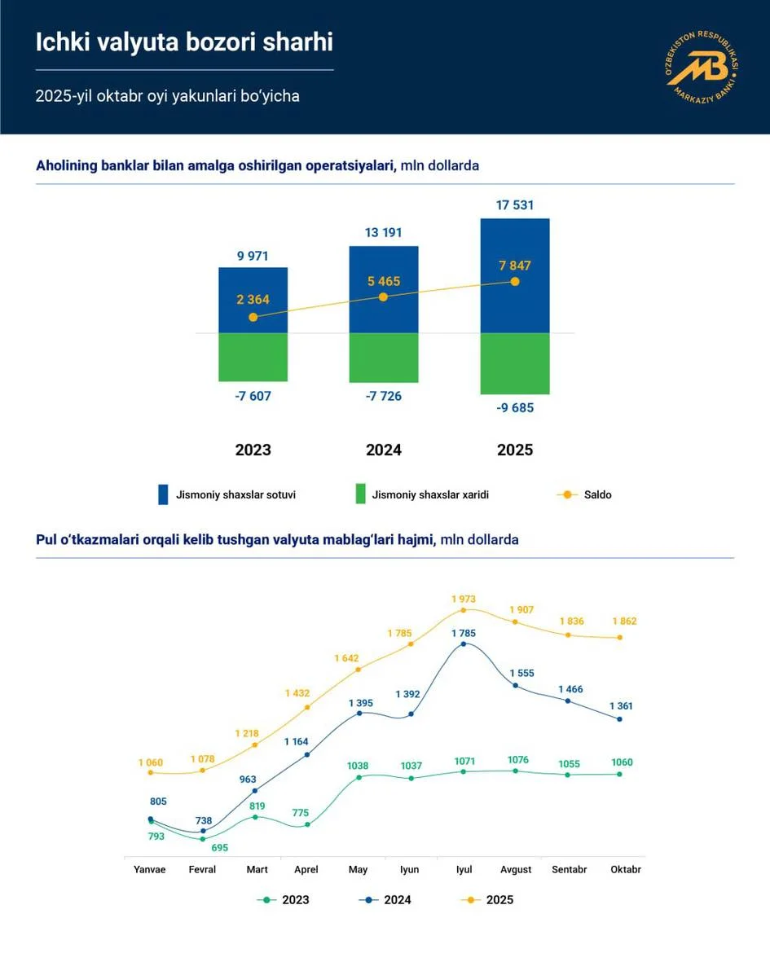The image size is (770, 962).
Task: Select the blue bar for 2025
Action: point(515,275)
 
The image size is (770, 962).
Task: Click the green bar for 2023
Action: point(253,357)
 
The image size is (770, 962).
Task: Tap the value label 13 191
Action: point(383,233)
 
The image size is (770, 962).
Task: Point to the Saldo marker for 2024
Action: point(383,297)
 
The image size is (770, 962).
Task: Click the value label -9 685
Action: point(514,407)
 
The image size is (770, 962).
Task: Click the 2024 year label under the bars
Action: point(383,450)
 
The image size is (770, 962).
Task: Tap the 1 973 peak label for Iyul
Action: point(463,600)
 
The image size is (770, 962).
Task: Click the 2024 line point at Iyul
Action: point(464,644)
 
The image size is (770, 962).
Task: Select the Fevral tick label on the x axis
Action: point(202,870)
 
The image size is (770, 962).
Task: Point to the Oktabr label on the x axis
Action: point(625,870)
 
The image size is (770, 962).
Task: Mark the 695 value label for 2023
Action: point(218,848)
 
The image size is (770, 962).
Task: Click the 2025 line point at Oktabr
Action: point(620,638)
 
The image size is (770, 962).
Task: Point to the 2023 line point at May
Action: point(359,777)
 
